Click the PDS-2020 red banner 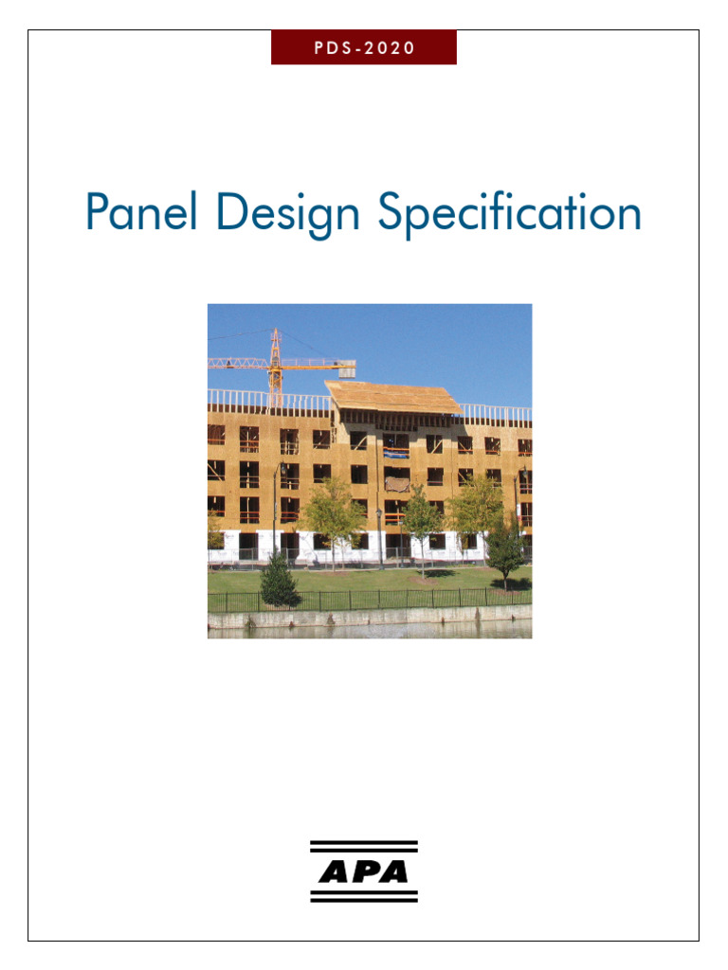pos(364,47)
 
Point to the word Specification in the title pos(510,214)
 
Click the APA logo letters pos(364,871)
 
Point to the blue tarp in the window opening pos(397,465)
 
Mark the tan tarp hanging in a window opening pos(397,484)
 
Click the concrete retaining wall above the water pos(370,618)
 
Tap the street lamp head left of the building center pos(378,512)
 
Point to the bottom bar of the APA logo pos(364,898)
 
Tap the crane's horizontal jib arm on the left pos(237,363)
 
